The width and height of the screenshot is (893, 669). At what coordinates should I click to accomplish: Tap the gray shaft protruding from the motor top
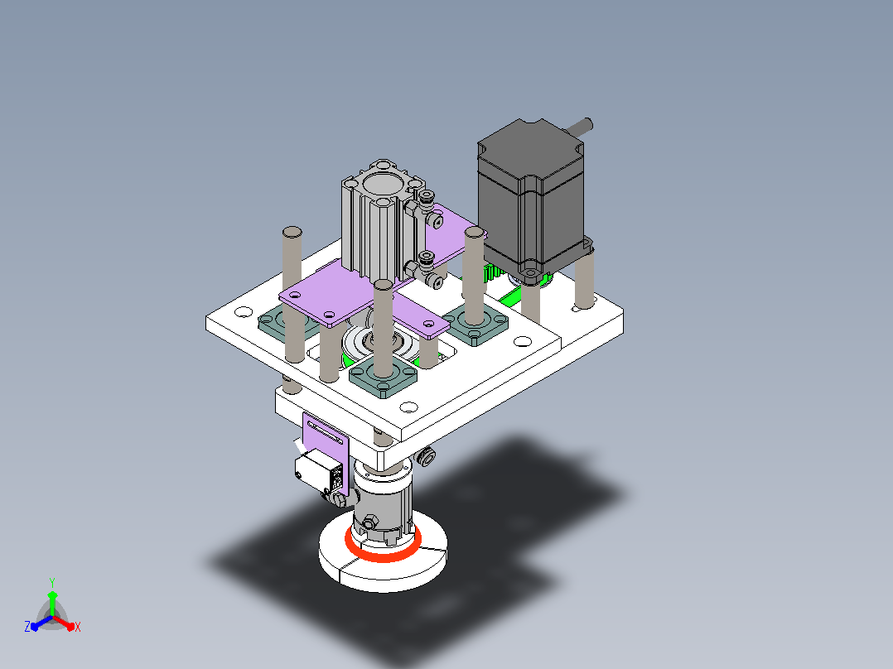pyautogui.click(x=578, y=126)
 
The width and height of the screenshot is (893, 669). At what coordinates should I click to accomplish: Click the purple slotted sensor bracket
pyautogui.click(x=326, y=450)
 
